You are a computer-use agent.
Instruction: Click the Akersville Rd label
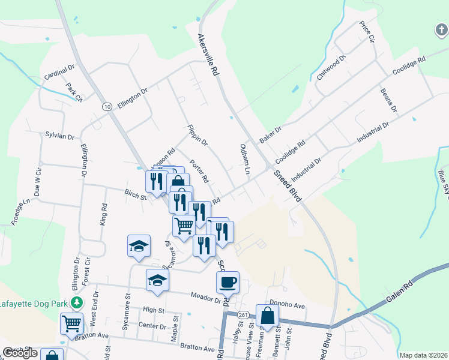207,54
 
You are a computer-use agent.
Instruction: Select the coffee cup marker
228,282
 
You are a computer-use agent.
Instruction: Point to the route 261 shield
243,315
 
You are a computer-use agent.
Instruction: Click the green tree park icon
76,301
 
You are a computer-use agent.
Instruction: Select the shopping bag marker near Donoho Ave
268,316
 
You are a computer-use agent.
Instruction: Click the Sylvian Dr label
59,136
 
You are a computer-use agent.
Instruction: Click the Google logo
20,353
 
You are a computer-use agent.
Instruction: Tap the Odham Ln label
244,158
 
